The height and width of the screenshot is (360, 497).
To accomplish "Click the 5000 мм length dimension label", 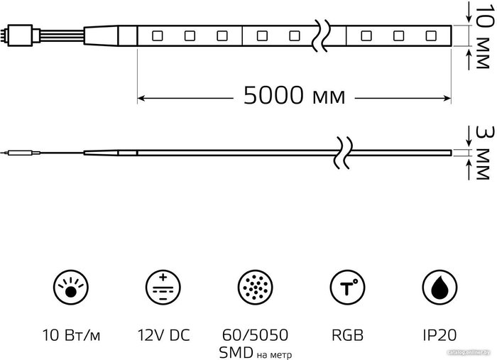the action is tap(294, 95).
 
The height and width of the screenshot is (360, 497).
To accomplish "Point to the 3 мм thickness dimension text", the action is tap(485, 153).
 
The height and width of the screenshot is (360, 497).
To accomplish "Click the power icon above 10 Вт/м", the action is tap(71, 288).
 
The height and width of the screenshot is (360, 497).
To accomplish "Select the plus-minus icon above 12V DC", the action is tap(163, 288).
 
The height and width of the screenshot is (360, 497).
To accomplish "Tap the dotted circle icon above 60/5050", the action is tap(255, 288).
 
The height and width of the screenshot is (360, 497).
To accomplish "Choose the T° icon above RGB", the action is tap(347, 288).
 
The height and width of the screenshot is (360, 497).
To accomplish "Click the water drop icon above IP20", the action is tap(439, 288).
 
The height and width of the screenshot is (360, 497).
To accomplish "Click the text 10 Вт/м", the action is tap(71, 335).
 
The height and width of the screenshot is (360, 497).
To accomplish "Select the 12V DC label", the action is tap(163, 335).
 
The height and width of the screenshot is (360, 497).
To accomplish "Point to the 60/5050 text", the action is tap(255, 335).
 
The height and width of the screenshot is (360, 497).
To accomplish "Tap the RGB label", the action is tap(347, 335).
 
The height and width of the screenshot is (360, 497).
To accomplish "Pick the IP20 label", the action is tap(439, 335).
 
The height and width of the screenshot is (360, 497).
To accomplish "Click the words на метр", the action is tap(274, 354).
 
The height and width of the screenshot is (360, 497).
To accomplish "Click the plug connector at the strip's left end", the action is tap(20, 36).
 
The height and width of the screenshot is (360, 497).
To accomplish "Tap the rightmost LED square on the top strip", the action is tap(431, 36).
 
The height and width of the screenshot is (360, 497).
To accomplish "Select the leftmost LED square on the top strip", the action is tap(157, 36).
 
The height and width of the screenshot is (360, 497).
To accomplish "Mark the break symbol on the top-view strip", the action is tap(320, 36).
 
